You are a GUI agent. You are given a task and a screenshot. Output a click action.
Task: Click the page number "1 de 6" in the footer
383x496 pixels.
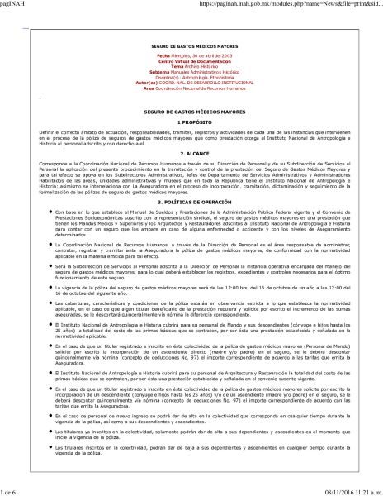(12, 490)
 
